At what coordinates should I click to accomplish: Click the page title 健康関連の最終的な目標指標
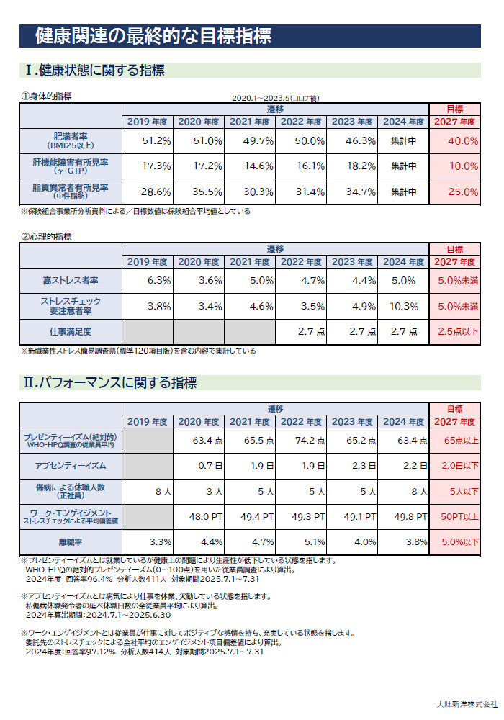153,35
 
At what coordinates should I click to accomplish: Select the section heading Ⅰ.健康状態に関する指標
94,70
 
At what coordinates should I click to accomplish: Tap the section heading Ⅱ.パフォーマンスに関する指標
110,382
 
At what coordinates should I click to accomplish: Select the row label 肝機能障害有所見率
71,166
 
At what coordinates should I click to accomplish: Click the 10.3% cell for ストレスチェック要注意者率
404,306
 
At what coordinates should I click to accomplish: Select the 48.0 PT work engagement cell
199,516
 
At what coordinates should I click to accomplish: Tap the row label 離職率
71,541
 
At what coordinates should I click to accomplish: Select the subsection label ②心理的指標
46,236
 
